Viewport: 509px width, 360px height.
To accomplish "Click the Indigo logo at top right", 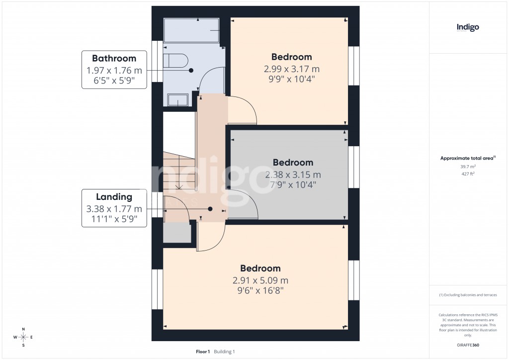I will [x=468, y=28].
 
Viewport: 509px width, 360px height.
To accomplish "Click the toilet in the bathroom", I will [x=175, y=61].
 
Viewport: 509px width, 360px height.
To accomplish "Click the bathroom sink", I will [x=177, y=100].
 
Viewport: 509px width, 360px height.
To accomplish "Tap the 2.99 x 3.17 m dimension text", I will [x=291, y=69].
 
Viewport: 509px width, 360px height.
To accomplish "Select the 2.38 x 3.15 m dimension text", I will [x=293, y=175].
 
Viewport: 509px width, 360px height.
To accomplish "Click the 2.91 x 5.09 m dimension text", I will [x=260, y=280].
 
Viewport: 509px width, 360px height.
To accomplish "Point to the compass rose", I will [x=23, y=338].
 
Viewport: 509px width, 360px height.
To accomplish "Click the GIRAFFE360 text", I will [x=468, y=345].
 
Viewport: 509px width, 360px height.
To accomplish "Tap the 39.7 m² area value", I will [x=468, y=167].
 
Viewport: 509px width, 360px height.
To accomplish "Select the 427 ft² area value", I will [x=468, y=174].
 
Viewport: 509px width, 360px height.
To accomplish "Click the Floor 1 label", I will [x=203, y=352].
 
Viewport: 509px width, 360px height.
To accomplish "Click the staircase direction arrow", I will [x=178, y=187].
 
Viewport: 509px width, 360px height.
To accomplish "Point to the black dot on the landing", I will [x=210, y=209].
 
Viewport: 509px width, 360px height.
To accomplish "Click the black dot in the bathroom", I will [x=190, y=71].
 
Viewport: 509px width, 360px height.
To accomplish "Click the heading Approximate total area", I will [x=468, y=158].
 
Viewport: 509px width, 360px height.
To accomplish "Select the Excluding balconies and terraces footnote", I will [x=468, y=295].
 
